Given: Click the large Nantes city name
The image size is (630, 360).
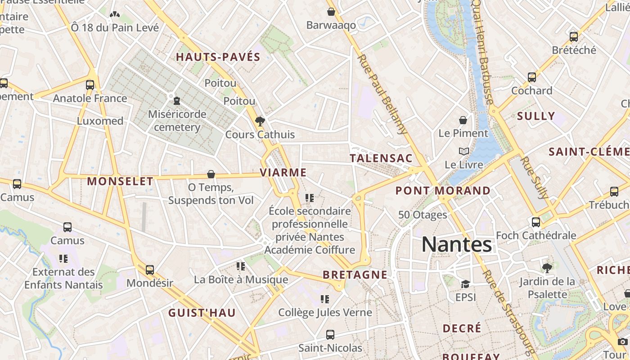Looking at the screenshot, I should click(456, 245).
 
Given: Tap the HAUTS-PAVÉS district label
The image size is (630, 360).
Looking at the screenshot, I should click(218, 57).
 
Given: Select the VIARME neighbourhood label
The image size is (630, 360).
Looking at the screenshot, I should click(283, 172).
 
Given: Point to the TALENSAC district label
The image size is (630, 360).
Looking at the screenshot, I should click(381, 158).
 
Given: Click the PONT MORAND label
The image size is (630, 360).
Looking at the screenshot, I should click(443, 190).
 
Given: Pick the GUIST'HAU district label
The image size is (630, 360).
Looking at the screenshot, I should click(202, 313).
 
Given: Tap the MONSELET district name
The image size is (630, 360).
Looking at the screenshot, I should click(120, 181).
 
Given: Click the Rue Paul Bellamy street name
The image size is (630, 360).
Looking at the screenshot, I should click(382, 94).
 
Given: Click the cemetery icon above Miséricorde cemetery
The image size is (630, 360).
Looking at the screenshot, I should click(177, 100).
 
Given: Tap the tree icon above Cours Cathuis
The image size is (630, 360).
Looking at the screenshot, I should click(260, 121).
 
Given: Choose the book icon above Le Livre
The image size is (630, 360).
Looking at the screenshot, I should click(463, 151).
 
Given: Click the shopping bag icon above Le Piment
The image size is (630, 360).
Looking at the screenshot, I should click(463, 120).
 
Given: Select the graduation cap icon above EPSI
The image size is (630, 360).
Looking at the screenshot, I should click(465, 284).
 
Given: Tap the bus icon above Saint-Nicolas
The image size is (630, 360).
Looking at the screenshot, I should click(330, 334).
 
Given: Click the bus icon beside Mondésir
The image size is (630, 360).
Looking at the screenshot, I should click(149, 270).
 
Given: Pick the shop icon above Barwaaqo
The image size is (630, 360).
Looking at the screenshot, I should click(331, 12).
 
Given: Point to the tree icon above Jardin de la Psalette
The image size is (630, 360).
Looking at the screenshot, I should click(547, 268).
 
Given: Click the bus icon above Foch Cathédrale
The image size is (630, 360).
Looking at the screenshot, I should click(535, 222).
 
